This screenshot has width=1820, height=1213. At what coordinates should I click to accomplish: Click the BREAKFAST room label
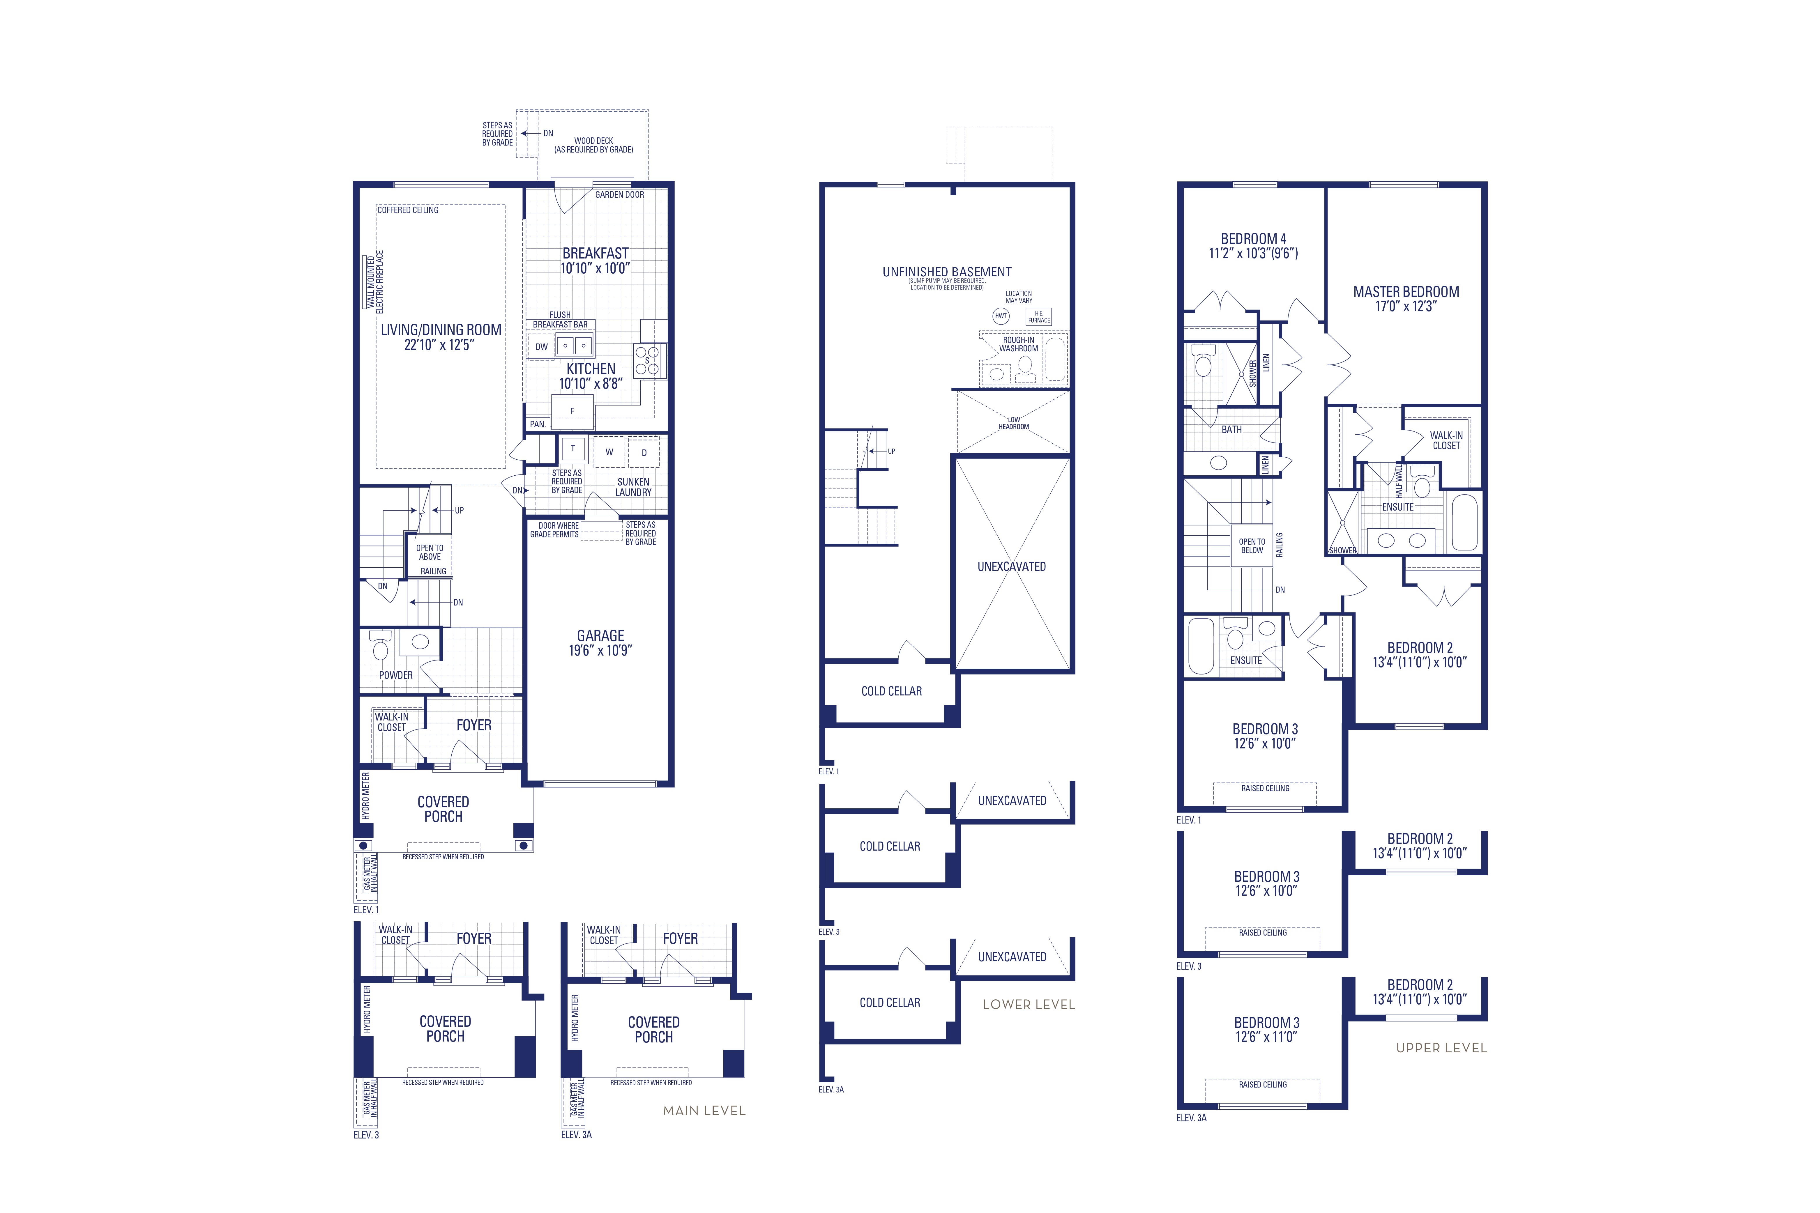click(x=595, y=253)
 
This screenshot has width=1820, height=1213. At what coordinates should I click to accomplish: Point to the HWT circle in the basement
click(x=1001, y=316)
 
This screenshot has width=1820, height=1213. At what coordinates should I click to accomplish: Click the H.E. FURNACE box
click(x=1038, y=316)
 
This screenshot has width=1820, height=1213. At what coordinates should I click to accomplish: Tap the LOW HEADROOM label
click(x=1014, y=423)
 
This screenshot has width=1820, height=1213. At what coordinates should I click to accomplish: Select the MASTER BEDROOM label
click(x=1406, y=292)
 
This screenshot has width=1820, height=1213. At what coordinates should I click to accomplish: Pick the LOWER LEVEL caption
click(x=1029, y=1004)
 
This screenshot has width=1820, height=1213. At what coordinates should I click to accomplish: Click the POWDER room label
click(x=395, y=675)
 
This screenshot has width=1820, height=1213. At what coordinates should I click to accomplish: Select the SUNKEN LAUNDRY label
click(x=633, y=487)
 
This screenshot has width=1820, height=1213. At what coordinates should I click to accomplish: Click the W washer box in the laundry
click(x=609, y=452)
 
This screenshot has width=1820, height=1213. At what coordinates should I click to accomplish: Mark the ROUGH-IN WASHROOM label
click(x=1018, y=344)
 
